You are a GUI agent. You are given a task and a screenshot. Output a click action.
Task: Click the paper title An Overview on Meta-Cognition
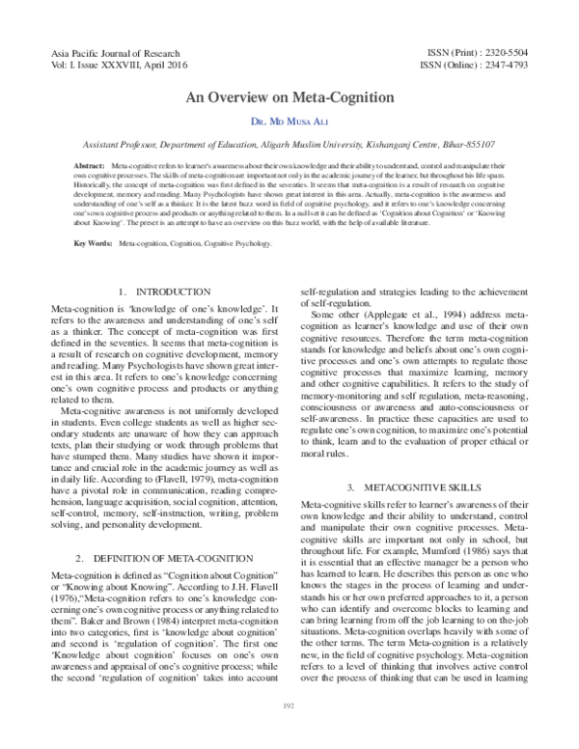coord(289,99)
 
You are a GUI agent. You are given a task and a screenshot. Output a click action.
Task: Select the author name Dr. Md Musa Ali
coord(289,123)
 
